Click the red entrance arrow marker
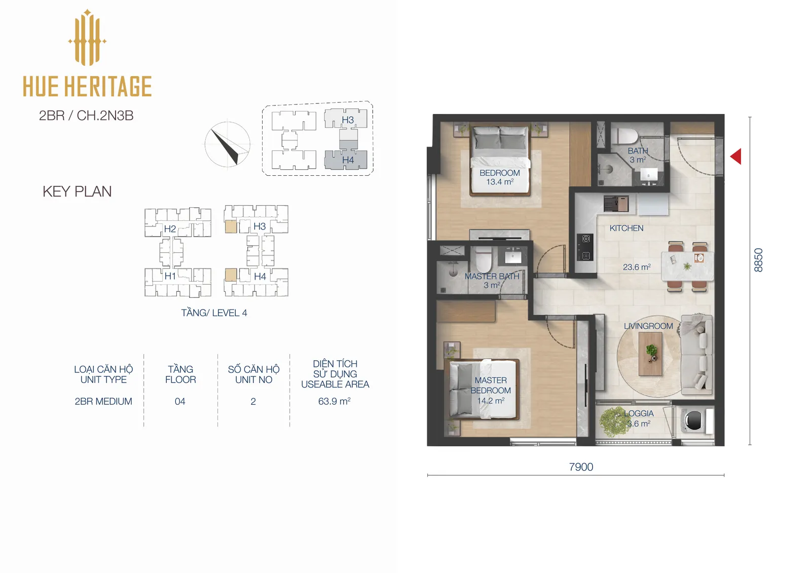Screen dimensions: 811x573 click(x=736, y=157)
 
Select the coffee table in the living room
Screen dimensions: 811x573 click(x=650, y=354)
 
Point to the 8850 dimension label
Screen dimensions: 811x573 click(x=758, y=260)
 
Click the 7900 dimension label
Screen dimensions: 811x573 click(x=581, y=467)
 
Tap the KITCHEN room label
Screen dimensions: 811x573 click(x=626, y=228)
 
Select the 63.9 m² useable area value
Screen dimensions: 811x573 click(x=334, y=401)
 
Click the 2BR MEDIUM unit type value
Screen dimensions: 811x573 click(x=103, y=401)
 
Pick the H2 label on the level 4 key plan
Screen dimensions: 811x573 click(x=170, y=229)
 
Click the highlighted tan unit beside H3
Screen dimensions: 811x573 click(x=231, y=226)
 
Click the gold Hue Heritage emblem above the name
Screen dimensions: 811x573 click(x=87, y=37)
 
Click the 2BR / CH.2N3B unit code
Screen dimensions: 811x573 click(x=86, y=116)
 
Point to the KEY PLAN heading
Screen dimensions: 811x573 click(x=77, y=192)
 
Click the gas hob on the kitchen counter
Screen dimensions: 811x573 click(x=585, y=247)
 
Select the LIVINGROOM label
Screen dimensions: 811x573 click(x=648, y=326)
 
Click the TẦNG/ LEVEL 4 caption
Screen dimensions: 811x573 click(x=214, y=313)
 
